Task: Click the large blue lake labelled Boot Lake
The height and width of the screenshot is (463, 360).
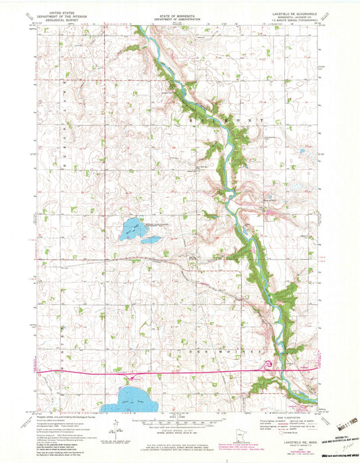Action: [x=130, y=230]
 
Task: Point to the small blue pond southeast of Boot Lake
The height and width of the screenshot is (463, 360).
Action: [x=152, y=239]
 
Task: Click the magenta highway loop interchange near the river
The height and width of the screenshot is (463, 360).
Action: [x=269, y=365]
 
